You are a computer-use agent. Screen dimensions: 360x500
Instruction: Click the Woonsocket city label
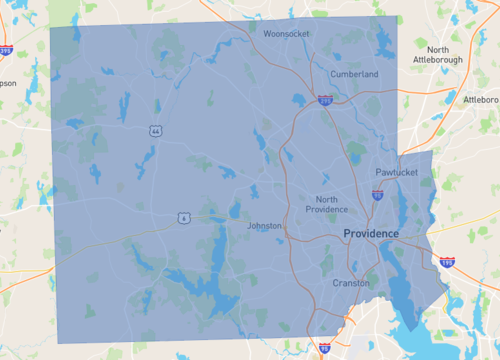point(286,33)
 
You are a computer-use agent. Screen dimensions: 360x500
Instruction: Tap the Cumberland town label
point(356,74)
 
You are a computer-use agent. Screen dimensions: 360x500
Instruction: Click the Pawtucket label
point(396,173)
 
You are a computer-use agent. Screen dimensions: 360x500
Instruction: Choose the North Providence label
point(326,204)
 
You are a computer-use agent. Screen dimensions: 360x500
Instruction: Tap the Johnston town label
point(265,226)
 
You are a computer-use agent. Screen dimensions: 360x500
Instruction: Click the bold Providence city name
point(370,233)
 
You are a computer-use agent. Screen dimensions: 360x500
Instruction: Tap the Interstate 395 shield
point(5,48)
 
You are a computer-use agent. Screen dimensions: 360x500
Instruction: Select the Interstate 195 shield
point(447,263)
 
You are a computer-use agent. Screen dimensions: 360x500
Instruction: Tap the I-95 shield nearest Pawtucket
point(376,196)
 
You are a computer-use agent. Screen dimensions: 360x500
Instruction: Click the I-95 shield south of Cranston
point(325,347)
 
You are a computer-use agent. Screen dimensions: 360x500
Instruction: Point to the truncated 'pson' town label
point(8,83)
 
